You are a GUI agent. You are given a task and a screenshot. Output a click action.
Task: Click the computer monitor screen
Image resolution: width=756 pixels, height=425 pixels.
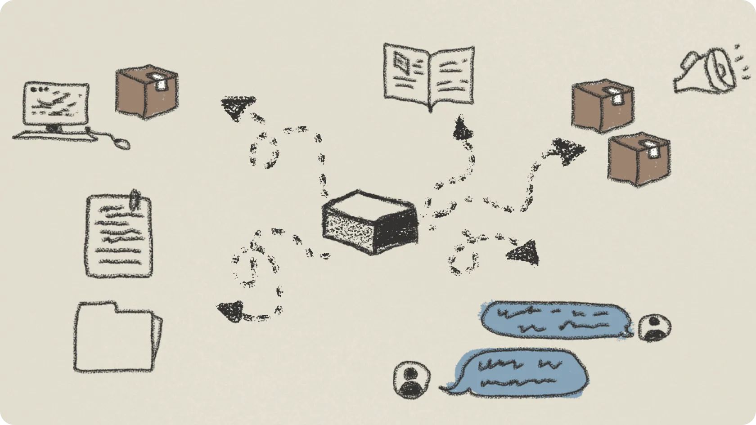[56, 104]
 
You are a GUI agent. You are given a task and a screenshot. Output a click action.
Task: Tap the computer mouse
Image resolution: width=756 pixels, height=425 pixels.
[121, 143]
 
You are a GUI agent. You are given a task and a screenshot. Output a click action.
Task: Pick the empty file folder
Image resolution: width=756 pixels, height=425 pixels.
[116, 338]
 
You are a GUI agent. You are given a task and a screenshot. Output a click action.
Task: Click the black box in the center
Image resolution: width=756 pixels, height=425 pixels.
[370, 222]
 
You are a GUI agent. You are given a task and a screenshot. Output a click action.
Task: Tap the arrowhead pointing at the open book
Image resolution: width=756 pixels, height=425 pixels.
[462, 129]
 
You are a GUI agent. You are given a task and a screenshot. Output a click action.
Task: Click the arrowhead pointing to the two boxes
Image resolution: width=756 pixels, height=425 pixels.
[568, 151]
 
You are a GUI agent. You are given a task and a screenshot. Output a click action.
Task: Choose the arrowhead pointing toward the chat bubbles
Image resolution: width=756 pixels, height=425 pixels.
[524, 253]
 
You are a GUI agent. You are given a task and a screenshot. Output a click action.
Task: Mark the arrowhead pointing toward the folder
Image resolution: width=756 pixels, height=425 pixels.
[231, 311]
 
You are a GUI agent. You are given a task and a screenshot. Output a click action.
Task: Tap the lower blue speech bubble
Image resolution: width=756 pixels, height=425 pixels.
[520, 372]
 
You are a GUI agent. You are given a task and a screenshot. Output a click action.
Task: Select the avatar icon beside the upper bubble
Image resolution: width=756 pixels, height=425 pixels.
[654, 328]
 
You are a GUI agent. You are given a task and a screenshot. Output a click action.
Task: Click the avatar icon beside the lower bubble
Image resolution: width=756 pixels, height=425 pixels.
[410, 380]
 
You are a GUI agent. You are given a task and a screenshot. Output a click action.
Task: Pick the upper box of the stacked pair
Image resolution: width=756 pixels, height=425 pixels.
[602, 106]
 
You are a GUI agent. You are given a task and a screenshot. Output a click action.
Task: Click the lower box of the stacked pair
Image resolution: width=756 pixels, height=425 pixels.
[638, 159]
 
